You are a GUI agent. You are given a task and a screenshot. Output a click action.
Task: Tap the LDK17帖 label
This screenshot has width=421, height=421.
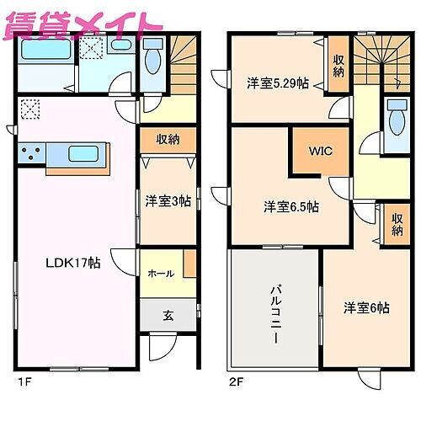click(72, 263)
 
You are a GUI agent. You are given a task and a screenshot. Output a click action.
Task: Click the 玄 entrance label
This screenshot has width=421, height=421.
click(168, 316)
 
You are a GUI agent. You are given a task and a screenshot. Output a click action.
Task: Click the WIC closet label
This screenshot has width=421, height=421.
click(318, 152)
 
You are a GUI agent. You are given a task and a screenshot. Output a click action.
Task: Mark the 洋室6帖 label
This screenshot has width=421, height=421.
click(365, 308)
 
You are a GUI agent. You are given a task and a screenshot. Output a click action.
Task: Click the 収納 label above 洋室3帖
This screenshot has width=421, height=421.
click(168, 139)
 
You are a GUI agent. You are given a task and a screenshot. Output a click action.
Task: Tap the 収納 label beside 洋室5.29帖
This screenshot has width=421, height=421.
click(338, 65)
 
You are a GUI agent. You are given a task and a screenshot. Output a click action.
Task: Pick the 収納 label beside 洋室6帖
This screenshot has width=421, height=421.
click(397, 225)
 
